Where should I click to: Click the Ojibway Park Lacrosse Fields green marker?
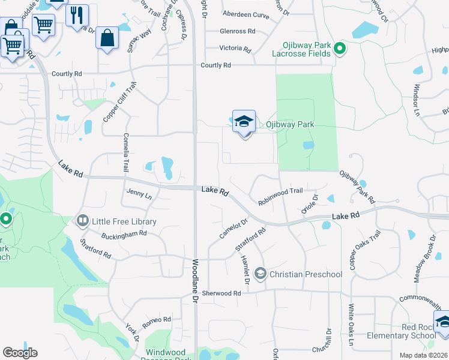pos(340,48)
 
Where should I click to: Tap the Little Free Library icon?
pos(82,221)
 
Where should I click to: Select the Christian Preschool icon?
pos(260,274)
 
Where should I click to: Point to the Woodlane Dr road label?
pos(195,279)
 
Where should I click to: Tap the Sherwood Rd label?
pos(221,293)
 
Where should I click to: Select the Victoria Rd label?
pos(235,48)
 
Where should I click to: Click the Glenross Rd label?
pos(237,31)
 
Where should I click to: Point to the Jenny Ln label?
pos(139,194)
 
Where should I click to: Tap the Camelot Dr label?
pos(234,228)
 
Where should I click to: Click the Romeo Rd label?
pos(157,322)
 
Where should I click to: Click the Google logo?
pos(20,353)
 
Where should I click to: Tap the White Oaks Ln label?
pos(351,326)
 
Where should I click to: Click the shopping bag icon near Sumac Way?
pos(106,38)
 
